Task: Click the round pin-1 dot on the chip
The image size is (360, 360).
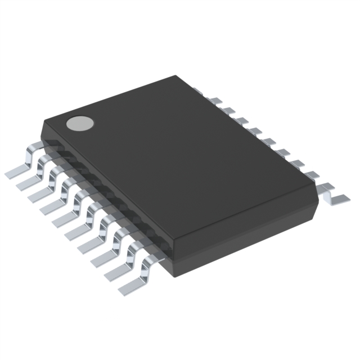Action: pos(80,123)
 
